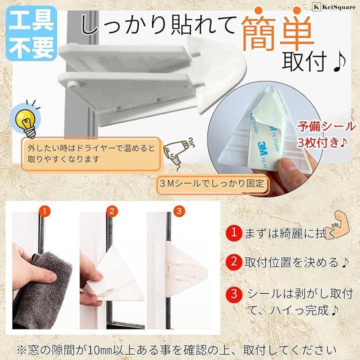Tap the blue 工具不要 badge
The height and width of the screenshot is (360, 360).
click(31, 34)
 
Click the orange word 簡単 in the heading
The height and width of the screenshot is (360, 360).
click(277, 30)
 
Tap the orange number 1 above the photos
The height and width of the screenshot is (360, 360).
click(44, 211)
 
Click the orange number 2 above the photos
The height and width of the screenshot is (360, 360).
click(112, 211)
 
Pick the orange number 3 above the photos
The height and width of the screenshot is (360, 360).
click(179, 211)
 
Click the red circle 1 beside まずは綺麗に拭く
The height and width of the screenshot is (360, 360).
click(233, 232)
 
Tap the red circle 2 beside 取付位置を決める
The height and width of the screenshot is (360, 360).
click(233, 261)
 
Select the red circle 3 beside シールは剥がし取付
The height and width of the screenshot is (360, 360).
click(233, 294)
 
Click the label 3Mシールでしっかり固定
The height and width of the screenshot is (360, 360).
click(211, 183)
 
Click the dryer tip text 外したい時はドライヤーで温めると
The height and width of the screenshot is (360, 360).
click(91, 148)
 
